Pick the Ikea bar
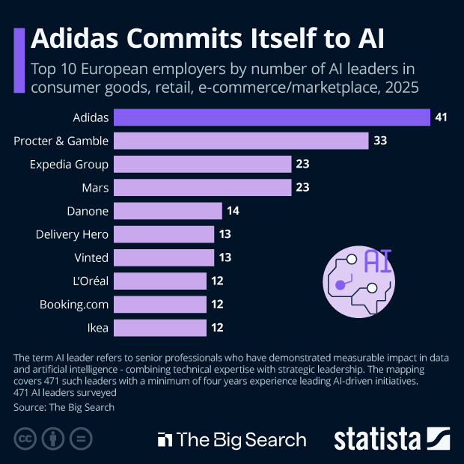pos(161,327)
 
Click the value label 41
pos(442,117)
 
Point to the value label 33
pos(380,141)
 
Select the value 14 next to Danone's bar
pos(233,210)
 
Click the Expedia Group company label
pos(69,164)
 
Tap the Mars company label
pos(94,187)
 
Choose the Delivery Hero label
pos(72,234)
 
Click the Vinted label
pos(91,257)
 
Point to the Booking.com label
pos(74,304)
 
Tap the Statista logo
pos(391,439)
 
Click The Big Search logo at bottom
pos(231,439)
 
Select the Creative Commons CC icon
pos(25,439)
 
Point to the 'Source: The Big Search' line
pos(64,408)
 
